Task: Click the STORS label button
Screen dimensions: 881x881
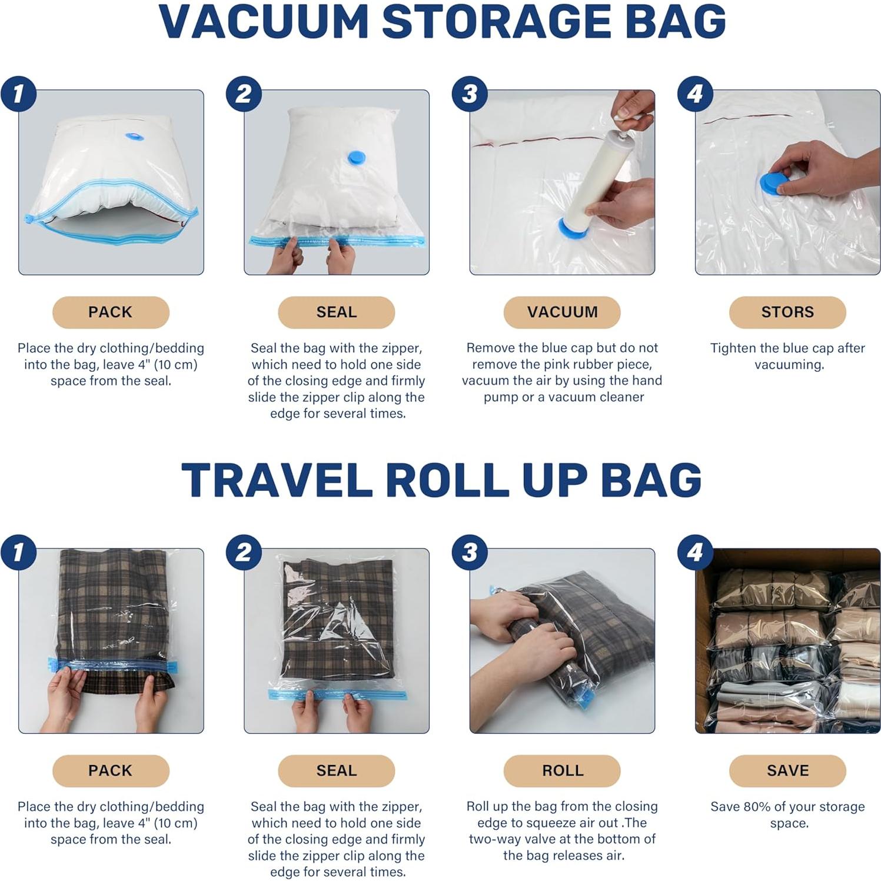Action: (x=787, y=312)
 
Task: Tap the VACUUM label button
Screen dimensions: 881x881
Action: (x=561, y=312)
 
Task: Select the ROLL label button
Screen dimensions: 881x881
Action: (x=561, y=770)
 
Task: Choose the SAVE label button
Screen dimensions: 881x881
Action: (x=787, y=770)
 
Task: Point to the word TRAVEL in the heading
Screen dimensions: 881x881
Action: (x=277, y=480)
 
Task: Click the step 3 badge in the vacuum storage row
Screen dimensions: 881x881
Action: (x=469, y=94)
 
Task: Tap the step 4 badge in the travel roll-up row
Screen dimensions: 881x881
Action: (x=694, y=553)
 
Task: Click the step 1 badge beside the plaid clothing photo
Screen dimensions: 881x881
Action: (x=18, y=553)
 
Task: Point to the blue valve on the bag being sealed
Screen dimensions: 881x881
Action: (x=356, y=158)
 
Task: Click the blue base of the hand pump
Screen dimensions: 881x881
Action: (x=572, y=228)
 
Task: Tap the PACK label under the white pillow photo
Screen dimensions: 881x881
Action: (x=110, y=312)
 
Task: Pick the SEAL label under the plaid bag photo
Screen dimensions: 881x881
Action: (x=336, y=770)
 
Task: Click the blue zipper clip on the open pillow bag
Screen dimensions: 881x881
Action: (x=28, y=220)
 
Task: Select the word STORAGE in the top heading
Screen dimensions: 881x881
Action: (x=497, y=22)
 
